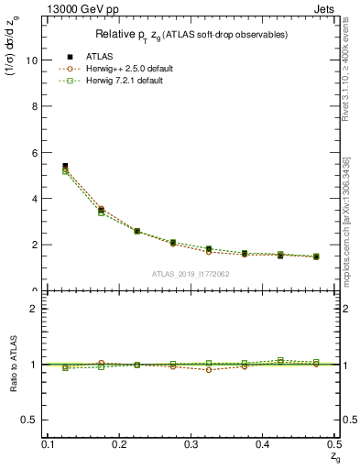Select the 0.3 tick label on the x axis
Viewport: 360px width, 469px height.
pyautogui.click(x=191, y=444)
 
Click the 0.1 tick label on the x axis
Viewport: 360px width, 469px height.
pyautogui.click(x=49, y=444)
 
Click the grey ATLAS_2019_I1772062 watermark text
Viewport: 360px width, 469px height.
pyautogui.click(x=191, y=274)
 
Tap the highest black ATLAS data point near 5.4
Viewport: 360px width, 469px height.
pyautogui.click(x=65, y=166)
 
